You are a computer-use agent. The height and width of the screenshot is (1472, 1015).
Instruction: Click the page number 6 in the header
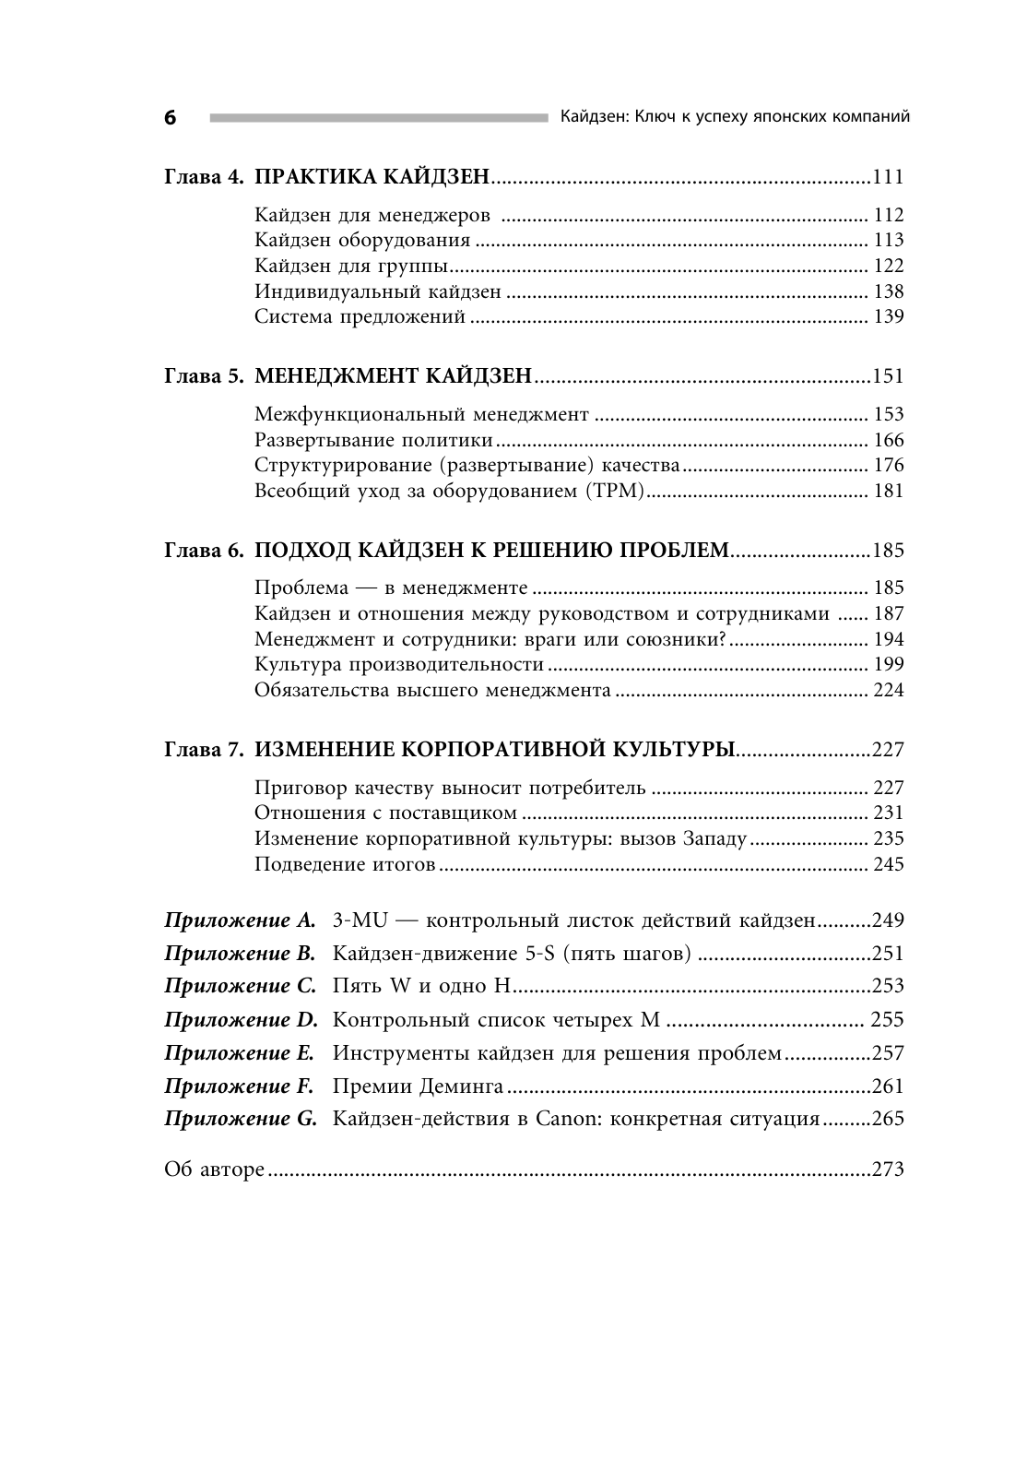170,118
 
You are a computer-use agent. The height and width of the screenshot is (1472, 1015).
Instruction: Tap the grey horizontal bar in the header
378,117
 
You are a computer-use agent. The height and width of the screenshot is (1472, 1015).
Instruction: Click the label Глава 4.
204,177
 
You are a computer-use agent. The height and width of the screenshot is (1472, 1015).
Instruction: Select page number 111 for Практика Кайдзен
888,177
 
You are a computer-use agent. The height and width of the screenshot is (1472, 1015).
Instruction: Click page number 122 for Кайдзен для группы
889,266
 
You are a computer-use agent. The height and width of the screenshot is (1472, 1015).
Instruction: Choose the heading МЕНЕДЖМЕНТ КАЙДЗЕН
394,376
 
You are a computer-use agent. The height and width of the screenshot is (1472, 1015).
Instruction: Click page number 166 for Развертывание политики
889,440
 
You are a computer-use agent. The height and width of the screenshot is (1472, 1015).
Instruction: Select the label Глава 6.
204,551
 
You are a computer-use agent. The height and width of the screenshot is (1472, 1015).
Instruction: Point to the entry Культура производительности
398,664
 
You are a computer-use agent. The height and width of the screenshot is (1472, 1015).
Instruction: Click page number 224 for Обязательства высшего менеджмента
889,690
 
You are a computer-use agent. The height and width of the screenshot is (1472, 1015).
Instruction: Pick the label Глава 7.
204,750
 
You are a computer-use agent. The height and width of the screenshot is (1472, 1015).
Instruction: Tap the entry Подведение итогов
344,864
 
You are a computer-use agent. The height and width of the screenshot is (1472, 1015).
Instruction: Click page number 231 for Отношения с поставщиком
889,813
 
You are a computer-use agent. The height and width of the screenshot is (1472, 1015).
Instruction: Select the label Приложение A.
240,920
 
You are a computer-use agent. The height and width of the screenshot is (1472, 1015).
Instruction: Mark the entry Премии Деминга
417,1086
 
